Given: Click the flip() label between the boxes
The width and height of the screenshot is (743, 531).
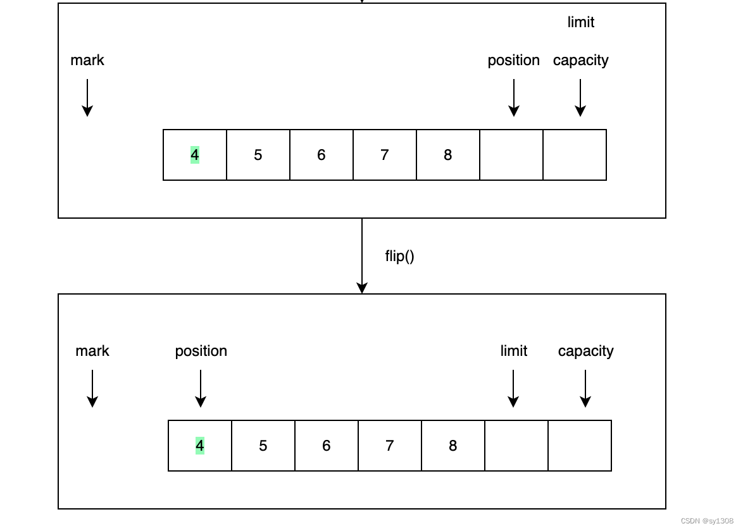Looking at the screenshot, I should tap(399, 256).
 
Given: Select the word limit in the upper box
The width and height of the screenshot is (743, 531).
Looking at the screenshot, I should tap(580, 22).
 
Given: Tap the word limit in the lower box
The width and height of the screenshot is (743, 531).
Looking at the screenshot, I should tap(513, 351).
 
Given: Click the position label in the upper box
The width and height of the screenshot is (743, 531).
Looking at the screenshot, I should tap(513, 60).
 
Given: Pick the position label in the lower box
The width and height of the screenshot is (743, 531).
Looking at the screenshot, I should tap(201, 351).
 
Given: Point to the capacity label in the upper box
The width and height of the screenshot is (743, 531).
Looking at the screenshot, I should tap(580, 60).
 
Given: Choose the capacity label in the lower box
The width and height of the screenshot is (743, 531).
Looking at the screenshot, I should tap(585, 351).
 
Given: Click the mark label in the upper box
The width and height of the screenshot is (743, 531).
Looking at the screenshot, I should tap(87, 60).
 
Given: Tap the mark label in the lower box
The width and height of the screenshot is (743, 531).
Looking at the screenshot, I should tap(92, 351).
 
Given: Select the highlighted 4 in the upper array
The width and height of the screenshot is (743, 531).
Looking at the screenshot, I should tap(195, 155).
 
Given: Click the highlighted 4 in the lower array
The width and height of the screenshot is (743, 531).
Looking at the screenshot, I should tap(200, 446).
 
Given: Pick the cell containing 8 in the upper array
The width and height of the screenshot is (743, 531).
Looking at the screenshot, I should tap(448, 155).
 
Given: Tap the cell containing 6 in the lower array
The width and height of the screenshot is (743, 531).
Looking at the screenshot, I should tap(327, 446).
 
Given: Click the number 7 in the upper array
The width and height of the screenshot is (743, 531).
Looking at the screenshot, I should tap(385, 155).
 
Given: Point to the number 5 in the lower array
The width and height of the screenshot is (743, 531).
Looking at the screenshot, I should tap(263, 446).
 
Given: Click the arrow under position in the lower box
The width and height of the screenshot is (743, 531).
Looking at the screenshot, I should tap(201, 388).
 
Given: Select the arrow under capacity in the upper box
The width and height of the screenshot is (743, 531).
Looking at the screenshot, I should tap(580, 97).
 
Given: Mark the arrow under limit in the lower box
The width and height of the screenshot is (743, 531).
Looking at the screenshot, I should tap(513, 388).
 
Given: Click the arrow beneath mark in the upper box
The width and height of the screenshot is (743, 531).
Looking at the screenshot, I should tap(87, 97).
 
